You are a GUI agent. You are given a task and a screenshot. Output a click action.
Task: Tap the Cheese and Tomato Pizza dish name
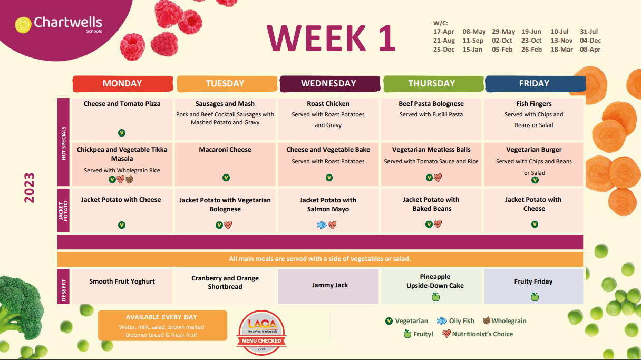122,104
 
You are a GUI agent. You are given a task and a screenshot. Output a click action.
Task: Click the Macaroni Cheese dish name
225,149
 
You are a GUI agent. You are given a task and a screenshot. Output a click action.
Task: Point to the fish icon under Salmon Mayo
322,225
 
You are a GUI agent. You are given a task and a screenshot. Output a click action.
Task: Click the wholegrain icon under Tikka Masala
129,179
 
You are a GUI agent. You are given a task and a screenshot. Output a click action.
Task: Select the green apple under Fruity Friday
535,297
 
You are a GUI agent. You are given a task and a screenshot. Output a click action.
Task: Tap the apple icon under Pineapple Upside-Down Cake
435,297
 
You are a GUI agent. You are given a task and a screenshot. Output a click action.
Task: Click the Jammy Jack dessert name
330,285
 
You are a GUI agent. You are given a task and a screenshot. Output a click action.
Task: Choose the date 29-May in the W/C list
503,32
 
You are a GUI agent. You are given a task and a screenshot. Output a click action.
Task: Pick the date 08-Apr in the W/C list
590,49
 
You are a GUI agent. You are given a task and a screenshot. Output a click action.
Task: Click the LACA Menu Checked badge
261,332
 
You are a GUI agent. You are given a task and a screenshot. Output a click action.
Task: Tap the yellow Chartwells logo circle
23,25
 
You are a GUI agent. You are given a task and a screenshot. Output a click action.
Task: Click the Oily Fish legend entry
455,321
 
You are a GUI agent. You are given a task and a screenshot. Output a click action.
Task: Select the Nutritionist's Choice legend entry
477,334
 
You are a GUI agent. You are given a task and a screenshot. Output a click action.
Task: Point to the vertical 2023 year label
29,188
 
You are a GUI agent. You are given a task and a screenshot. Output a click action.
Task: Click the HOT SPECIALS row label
64,143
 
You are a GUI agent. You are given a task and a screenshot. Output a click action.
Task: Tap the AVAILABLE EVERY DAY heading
161,317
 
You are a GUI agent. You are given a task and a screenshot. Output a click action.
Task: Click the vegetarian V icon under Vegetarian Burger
535,180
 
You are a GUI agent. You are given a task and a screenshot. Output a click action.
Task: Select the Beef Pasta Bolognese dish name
431,104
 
